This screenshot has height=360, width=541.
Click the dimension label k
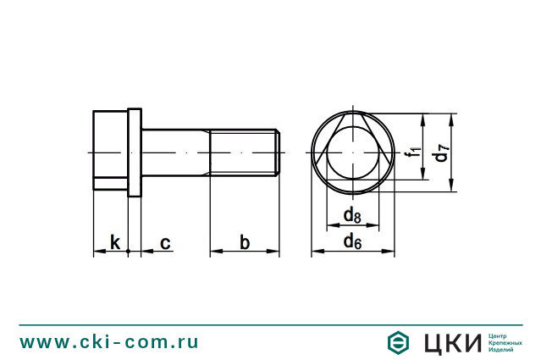pos(114,243)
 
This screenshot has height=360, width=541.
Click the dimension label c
pos(165,244)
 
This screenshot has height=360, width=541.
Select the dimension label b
pos(245,243)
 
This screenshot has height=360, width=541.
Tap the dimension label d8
pos(352,216)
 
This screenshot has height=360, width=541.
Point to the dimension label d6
pos(353,243)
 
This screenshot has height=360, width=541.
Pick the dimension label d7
pos(440,152)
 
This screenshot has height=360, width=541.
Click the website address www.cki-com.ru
pos(109,342)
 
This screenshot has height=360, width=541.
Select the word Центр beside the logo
pos(498,335)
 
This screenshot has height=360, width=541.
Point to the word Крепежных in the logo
pos(505,343)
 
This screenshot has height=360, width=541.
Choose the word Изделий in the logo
pos(501,350)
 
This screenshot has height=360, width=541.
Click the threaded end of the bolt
pos(245,152)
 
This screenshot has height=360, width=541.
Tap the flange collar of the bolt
pos(135,152)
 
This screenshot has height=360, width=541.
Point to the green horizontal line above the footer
pos(270,324)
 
